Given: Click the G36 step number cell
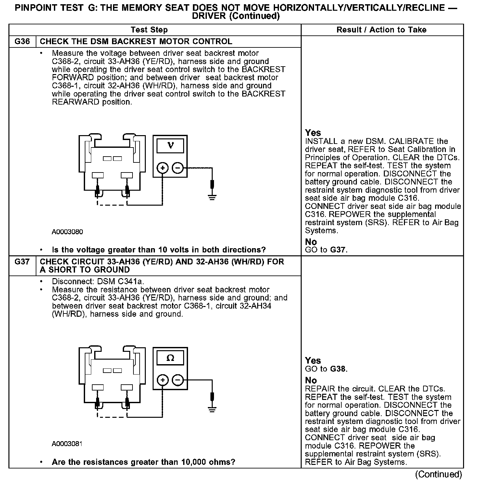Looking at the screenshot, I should pos(22,42).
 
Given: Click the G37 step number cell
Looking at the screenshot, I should pos(22,262).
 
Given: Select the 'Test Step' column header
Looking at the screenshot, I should pos(149,30).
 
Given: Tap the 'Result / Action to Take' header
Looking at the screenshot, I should pos(381,30).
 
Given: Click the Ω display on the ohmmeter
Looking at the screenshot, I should pos(170,358).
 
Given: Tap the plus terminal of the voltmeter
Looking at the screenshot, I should pos(163,168).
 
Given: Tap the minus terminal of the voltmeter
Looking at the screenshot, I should pos(177,168).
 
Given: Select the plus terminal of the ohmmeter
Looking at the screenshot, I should pos(163,380).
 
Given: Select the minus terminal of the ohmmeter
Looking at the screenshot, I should pos(177,380).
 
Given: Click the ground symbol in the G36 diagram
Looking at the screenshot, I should pos(212,197).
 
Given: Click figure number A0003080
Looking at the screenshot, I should pos(67,232).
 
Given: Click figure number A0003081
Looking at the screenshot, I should pos(67,444).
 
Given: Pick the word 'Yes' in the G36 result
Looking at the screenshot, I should pos(313,133).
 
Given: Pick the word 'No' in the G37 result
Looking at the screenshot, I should pos(311,380).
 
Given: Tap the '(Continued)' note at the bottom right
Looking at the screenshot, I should pos(438,474).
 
